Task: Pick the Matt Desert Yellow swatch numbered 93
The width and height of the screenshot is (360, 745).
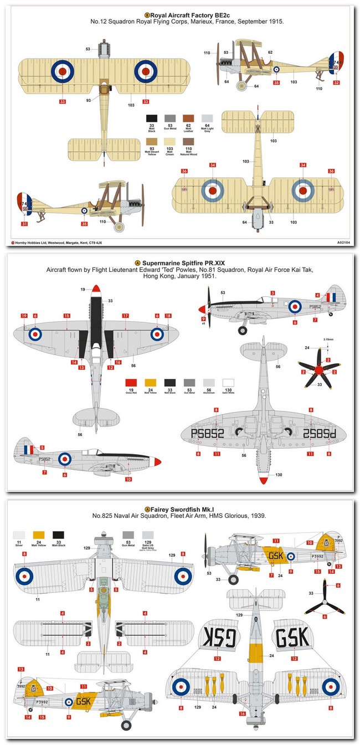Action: tap(150, 142)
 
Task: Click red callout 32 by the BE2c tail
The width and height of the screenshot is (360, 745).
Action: tap(336, 83)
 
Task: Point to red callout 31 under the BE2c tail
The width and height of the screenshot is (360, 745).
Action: tap(24, 224)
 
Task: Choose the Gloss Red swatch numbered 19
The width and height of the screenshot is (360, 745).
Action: tap(131, 383)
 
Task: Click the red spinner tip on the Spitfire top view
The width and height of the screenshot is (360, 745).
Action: tap(97, 287)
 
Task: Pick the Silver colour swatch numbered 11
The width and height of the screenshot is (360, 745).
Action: tap(19, 536)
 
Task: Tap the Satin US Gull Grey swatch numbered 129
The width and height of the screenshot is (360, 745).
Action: tap(148, 536)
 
